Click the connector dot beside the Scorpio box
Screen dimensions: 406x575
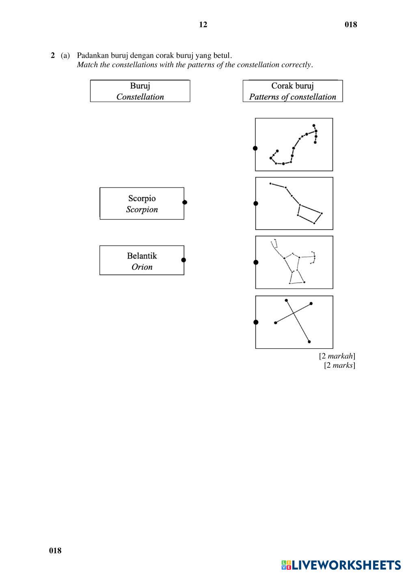tap(185, 202)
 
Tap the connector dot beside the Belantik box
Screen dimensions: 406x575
tap(184, 260)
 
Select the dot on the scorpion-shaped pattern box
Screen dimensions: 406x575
tap(255, 148)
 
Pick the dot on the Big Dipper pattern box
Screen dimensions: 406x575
tap(256, 204)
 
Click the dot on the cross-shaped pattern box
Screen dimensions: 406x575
tap(256, 322)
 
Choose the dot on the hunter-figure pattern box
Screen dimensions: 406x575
tap(256, 263)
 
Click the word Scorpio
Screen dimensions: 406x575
tap(142, 199)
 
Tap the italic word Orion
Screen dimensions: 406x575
tap(142, 267)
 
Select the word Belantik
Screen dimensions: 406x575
tap(142, 256)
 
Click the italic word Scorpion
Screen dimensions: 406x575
tap(142, 210)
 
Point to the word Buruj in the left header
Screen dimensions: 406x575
tap(140, 86)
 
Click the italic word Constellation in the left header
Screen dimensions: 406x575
tap(140, 97)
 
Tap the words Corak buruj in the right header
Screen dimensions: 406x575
tap(292, 86)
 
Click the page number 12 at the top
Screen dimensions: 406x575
tap(203, 25)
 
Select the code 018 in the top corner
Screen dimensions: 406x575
tap(351, 25)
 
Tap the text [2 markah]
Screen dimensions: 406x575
tap(337, 356)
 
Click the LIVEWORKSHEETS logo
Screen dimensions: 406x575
tap(341, 565)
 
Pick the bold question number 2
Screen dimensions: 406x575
tap(53, 55)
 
